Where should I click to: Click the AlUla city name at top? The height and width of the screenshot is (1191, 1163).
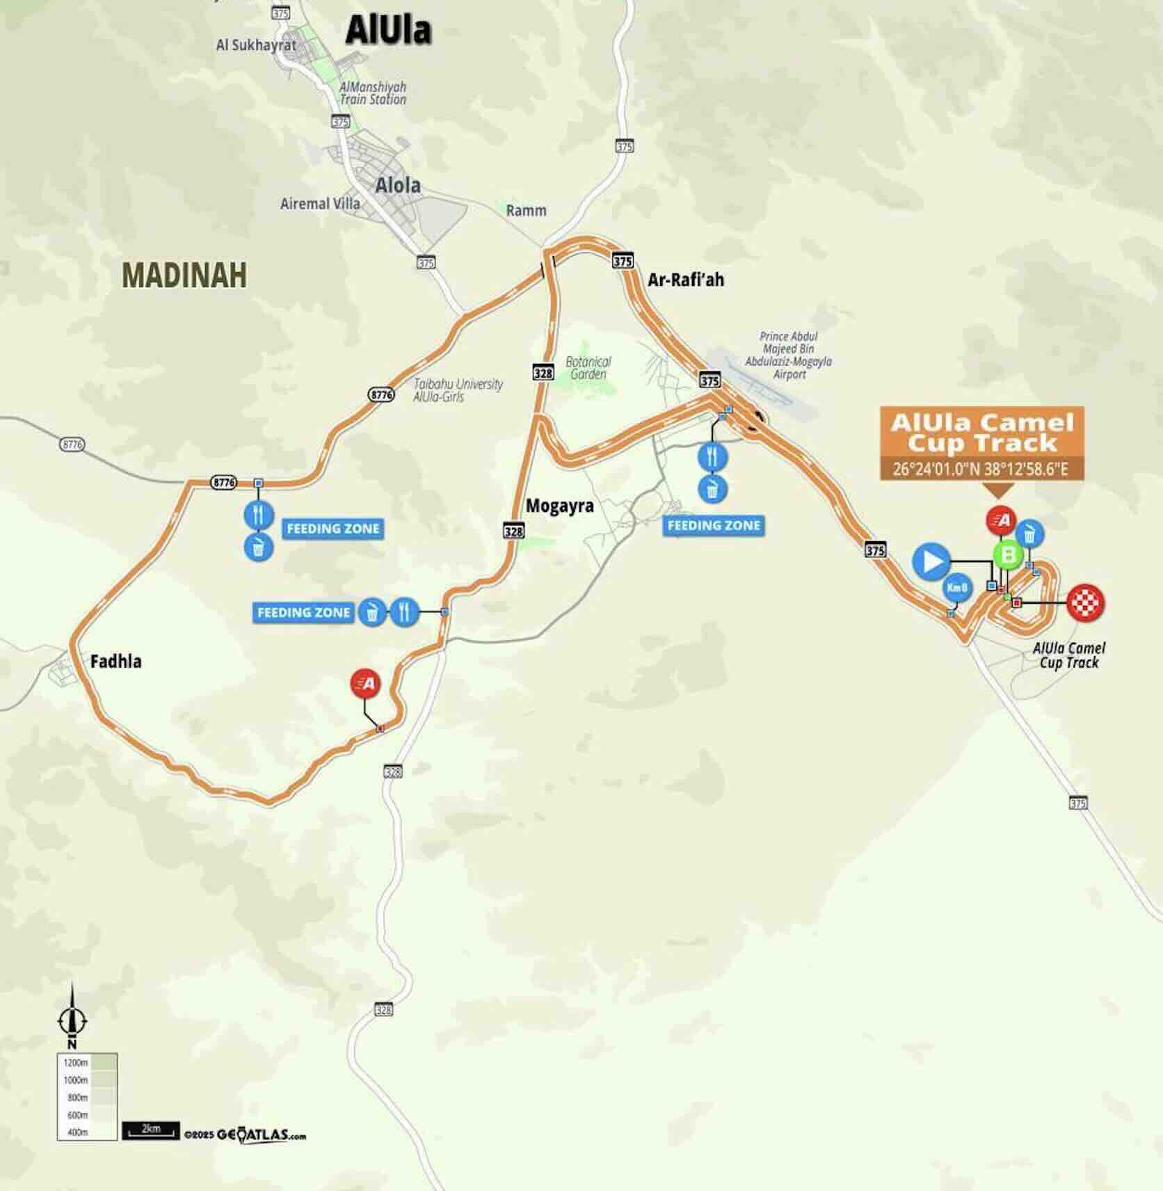[388, 30]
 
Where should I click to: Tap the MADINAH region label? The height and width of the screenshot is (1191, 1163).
[184, 275]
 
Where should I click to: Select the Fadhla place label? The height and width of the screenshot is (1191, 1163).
[115, 661]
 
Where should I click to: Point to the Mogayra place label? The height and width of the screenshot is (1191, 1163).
[559, 506]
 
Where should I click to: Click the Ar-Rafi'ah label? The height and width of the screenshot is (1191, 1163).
[685, 280]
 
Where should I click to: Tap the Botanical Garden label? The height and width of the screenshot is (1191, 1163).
[588, 367]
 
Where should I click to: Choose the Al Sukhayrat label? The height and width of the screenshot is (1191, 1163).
[256, 45]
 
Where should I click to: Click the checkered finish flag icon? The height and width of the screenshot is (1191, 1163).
[1085, 602]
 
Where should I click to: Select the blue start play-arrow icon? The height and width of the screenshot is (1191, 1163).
[931, 561]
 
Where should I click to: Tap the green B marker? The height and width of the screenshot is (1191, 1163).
[1007, 555]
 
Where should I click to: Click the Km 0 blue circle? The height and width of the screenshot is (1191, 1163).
[956, 588]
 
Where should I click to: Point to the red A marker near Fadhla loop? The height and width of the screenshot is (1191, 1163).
[367, 683]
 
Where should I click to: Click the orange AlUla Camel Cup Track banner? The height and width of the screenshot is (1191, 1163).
[981, 432]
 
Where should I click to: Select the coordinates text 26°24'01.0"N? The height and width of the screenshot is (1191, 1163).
[936, 469]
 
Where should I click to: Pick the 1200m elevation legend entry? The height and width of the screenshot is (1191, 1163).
[87, 1063]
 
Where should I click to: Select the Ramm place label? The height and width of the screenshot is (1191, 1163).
[526, 210]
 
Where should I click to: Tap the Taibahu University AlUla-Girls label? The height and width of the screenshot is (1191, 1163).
[458, 390]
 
